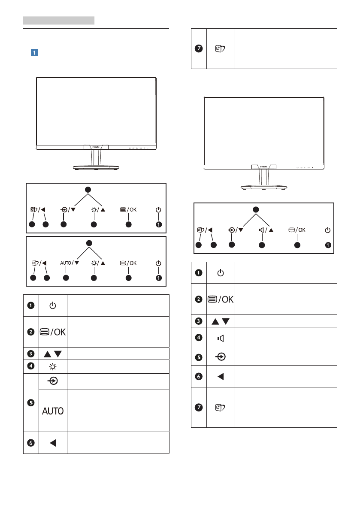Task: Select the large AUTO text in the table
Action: (53, 411)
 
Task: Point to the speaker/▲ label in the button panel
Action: (266, 230)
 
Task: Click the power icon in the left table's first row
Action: (52, 305)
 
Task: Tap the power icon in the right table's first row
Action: (220, 272)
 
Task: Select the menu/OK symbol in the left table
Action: (53, 331)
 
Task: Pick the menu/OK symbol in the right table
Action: (221, 299)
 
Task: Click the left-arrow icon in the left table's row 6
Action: (52, 443)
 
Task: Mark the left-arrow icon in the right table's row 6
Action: (220, 376)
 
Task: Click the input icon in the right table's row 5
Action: (220, 357)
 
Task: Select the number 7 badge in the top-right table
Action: (198, 49)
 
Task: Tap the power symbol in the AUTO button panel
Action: (159, 263)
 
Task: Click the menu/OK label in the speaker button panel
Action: (297, 230)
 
